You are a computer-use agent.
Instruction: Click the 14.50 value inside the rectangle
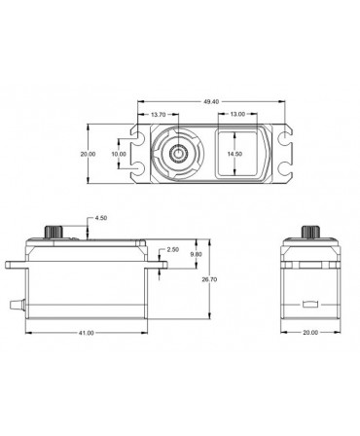(234, 154)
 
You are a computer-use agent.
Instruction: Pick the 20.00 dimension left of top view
(89, 154)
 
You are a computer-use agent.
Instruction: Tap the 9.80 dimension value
(195, 255)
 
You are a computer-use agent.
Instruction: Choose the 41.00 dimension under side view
(86, 334)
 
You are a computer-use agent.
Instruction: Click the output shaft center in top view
(181, 154)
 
